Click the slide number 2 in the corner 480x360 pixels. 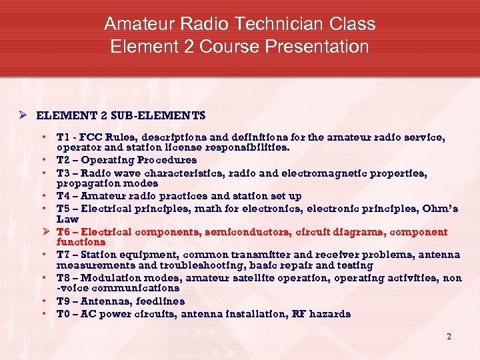coord(449,337)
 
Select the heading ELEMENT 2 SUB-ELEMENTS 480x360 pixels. coord(121,115)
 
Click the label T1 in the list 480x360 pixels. coord(63,137)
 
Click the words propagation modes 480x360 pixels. coord(107,183)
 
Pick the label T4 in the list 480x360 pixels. coord(64,196)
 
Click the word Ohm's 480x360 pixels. coord(439,209)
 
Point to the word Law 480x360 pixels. coord(67,219)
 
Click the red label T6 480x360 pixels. coord(64,232)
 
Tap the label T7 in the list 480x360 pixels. coord(64,255)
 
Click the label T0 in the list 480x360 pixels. coord(64,314)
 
